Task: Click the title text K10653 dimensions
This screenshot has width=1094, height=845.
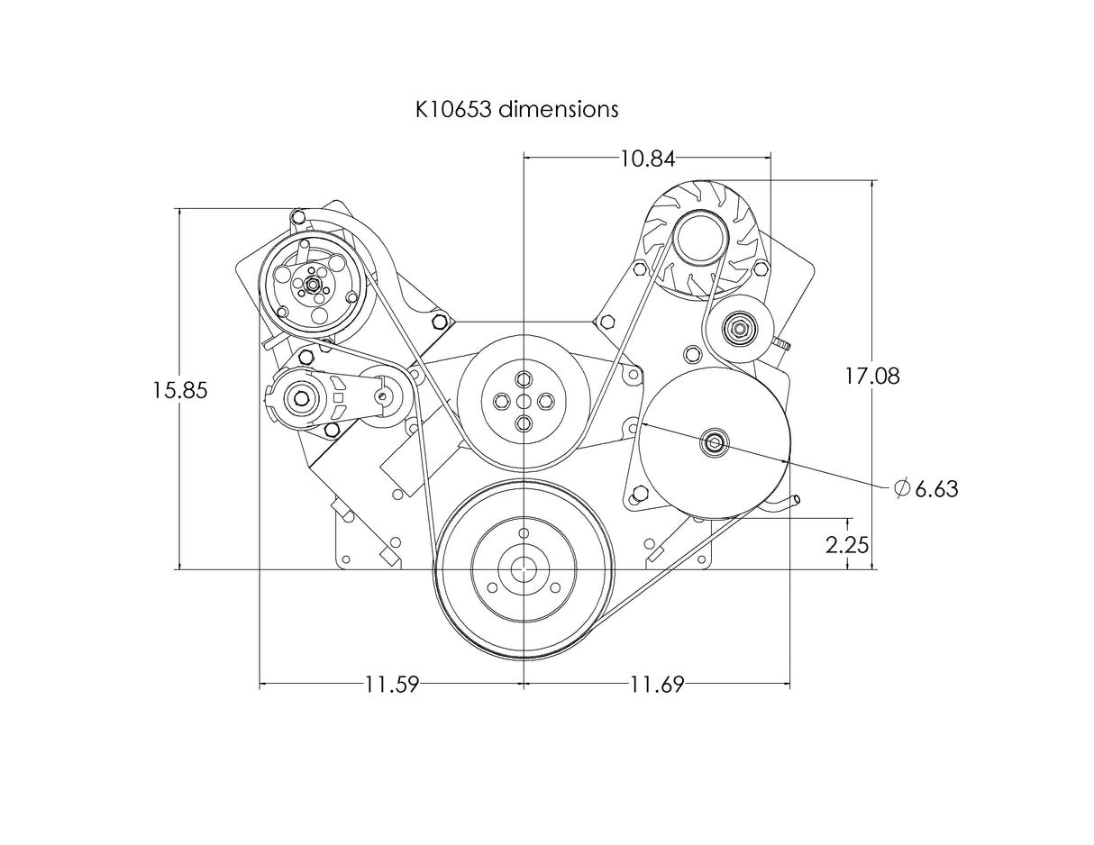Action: [x=516, y=109]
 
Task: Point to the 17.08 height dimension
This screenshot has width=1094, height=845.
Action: [x=871, y=376]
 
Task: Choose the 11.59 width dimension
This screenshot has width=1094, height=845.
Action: [x=392, y=685]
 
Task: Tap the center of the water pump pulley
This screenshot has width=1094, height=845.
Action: [x=524, y=400]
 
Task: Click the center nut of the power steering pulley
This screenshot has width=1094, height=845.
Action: [x=715, y=441]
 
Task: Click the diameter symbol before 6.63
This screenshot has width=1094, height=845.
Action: [x=902, y=488]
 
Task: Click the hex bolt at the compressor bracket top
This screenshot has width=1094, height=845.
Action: [x=298, y=216]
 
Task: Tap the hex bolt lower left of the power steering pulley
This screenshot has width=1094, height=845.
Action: [x=641, y=493]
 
